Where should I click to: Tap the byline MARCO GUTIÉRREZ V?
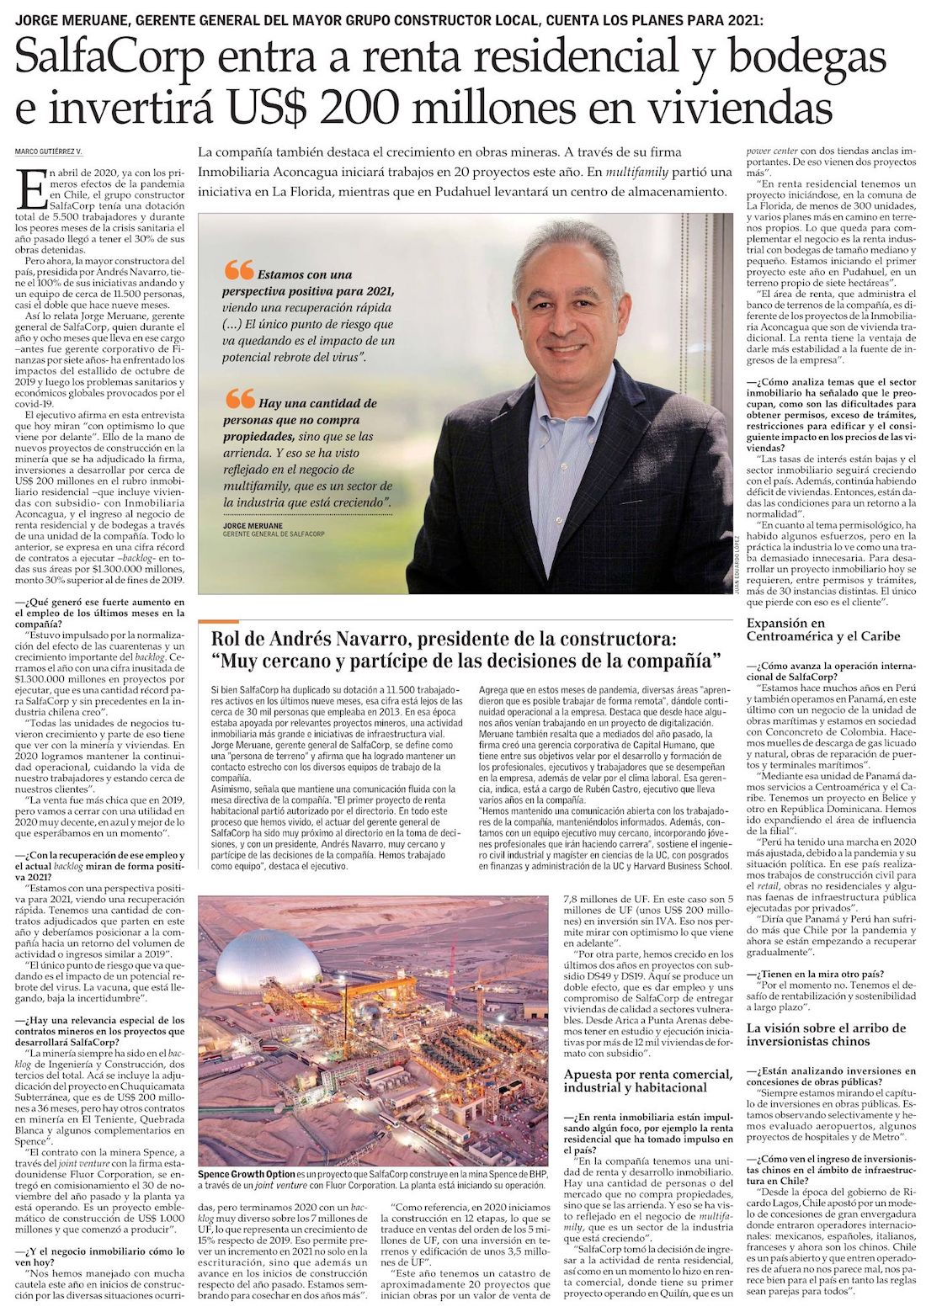(x=48, y=151)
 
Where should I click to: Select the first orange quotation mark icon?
(x=240, y=270)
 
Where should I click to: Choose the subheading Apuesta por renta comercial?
(x=647, y=1081)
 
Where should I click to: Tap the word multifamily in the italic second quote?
(x=263, y=486)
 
